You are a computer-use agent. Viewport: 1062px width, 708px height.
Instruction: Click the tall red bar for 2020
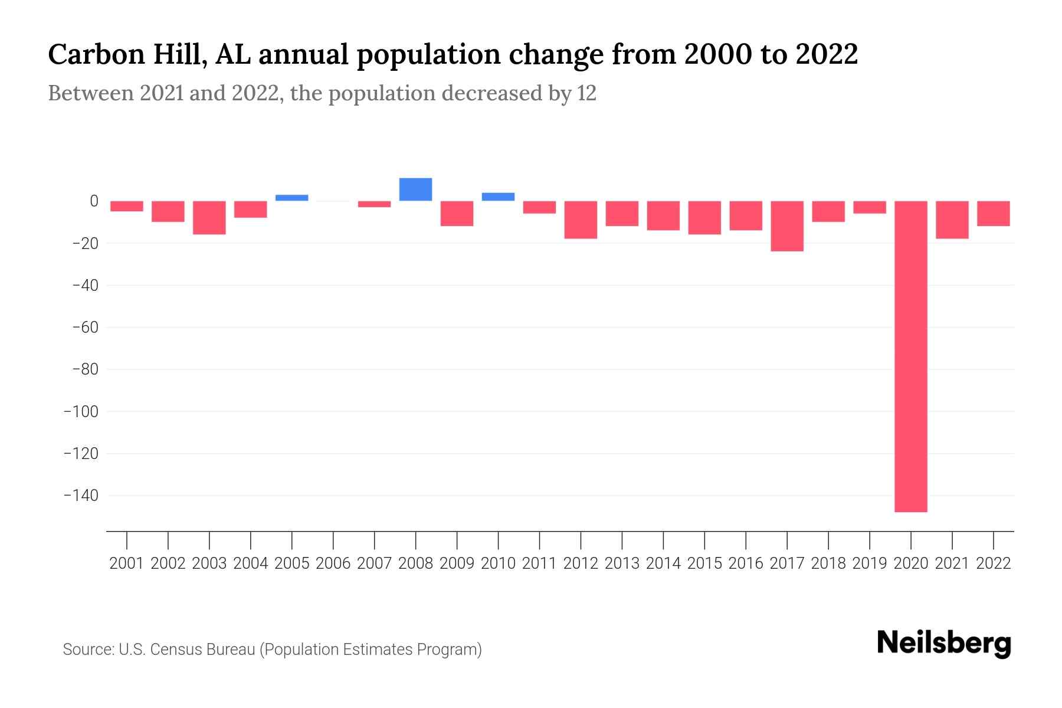910,356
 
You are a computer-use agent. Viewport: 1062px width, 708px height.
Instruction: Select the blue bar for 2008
415,189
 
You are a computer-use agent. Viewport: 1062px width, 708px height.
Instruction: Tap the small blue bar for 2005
291,198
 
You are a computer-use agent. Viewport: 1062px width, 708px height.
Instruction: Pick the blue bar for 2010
498,196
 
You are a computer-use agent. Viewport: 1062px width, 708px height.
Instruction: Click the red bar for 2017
786,226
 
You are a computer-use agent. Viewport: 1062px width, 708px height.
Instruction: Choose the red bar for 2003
209,218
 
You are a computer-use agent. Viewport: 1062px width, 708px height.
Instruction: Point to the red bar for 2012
581,219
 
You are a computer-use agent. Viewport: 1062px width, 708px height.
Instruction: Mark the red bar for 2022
993,214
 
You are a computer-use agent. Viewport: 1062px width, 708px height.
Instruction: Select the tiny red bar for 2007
374,204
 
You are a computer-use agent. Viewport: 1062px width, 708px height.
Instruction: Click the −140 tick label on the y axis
81,496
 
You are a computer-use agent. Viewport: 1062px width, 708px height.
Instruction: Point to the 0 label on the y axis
94,201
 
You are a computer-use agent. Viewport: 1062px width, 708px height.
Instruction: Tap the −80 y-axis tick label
84,369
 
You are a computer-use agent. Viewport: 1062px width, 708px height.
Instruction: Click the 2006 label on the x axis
333,563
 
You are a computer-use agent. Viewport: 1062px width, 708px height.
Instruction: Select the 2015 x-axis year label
704,563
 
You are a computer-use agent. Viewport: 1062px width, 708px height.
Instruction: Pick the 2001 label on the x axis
127,563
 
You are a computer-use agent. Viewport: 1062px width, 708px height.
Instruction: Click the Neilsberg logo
944,643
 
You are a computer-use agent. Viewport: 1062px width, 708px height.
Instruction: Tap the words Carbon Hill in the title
127,54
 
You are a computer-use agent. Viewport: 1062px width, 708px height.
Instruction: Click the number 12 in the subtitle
586,93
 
